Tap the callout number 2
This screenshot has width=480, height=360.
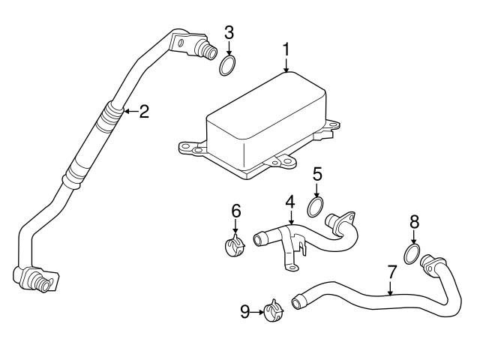(x=144, y=112)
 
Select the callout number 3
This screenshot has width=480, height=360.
(x=229, y=31)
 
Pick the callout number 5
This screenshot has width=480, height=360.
(x=317, y=174)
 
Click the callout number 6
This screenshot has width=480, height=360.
(x=235, y=211)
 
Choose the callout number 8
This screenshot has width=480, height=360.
(x=414, y=222)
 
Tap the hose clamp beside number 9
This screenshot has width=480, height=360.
(x=274, y=309)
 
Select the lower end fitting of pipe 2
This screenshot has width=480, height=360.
(x=34, y=279)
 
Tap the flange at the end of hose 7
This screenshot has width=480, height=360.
(x=433, y=263)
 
